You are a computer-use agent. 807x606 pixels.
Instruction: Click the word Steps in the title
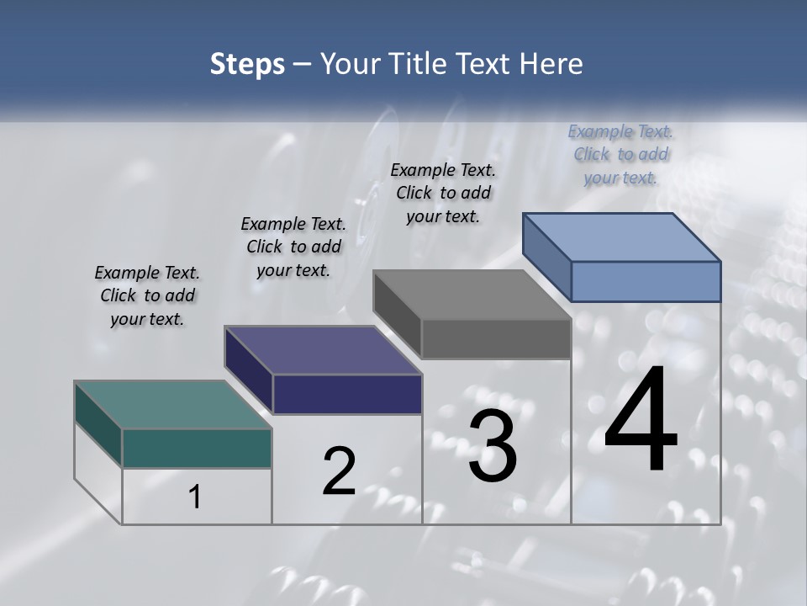(247, 64)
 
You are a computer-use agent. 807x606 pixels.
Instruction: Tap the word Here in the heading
(550, 64)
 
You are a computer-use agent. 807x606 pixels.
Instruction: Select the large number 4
(641, 421)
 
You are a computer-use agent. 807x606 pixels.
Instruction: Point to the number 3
(493, 446)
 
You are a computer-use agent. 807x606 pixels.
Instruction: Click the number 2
(339, 471)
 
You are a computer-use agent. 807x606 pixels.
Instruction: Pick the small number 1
(195, 497)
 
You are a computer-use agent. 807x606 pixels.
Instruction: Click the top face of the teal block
(172, 404)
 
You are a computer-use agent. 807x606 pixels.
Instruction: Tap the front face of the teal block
(197, 449)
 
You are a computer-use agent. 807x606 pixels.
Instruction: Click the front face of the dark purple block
(347, 394)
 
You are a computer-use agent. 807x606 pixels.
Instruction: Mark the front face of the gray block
(496, 339)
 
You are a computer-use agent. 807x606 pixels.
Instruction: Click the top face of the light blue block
(621, 237)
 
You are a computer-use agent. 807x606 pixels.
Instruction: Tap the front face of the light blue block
(646, 281)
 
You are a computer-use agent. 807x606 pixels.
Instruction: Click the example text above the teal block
(147, 295)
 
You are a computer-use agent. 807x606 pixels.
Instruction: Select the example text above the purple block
(293, 247)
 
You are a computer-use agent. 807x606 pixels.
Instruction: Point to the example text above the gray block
(443, 193)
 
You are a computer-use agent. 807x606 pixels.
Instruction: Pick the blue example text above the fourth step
(620, 154)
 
